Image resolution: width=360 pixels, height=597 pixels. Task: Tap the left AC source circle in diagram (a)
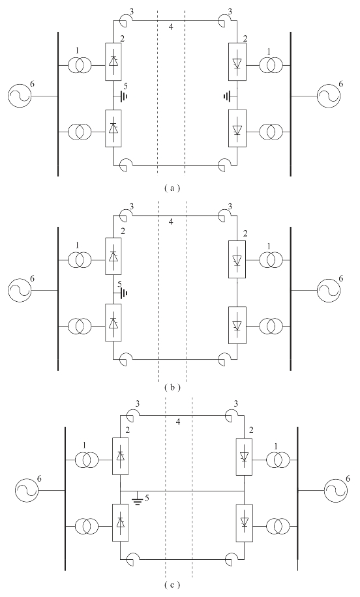click(x=20, y=95)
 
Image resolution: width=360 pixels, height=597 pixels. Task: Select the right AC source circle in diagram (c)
click(x=335, y=491)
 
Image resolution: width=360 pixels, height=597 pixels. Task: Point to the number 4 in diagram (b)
click(x=171, y=222)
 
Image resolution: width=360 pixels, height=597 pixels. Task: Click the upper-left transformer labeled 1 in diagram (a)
click(x=80, y=65)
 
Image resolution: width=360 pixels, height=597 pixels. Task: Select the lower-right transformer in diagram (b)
click(x=271, y=327)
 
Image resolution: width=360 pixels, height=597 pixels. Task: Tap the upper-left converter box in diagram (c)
click(x=121, y=456)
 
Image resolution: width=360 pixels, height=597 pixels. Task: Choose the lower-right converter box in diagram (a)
click(x=237, y=128)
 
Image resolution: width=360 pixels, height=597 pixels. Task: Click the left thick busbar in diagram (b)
click(x=58, y=298)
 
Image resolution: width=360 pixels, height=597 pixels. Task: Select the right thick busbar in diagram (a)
click(x=291, y=104)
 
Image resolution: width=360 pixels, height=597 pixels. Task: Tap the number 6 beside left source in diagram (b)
click(x=33, y=279)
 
